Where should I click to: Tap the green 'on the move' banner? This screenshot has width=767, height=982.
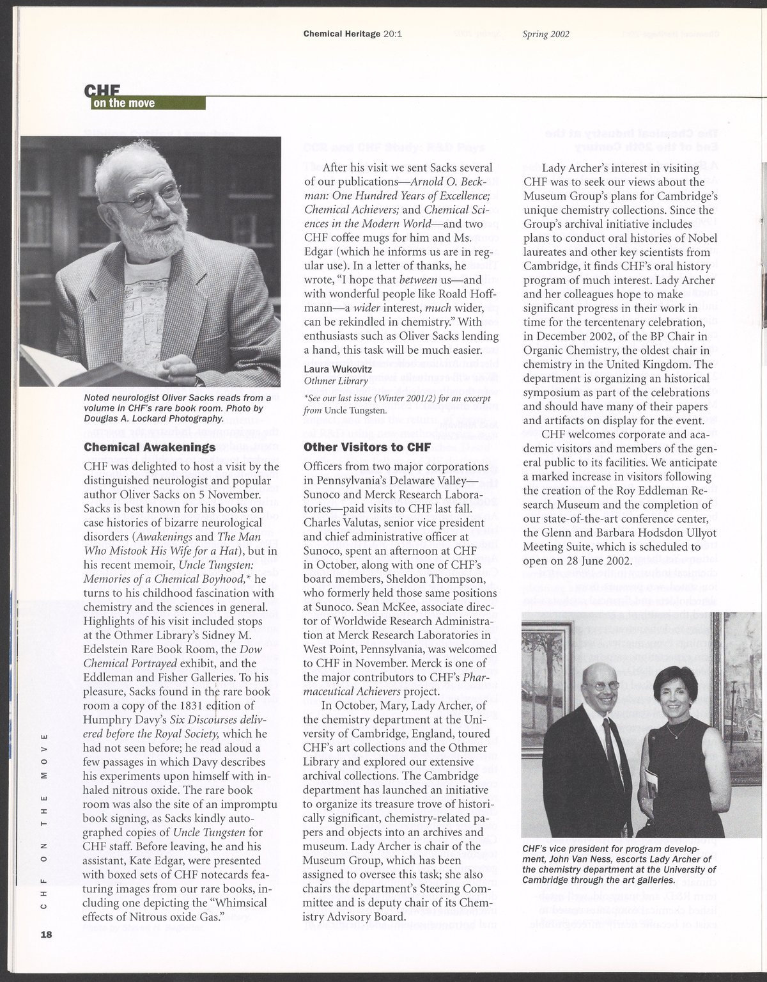click(124, 102)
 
